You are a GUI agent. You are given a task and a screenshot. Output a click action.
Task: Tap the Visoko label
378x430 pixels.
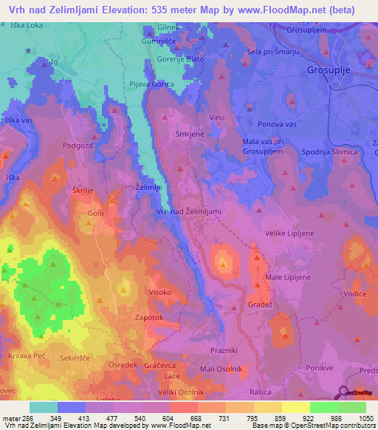[162, 292]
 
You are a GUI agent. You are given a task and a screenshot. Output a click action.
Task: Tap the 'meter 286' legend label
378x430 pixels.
[16, 420]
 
